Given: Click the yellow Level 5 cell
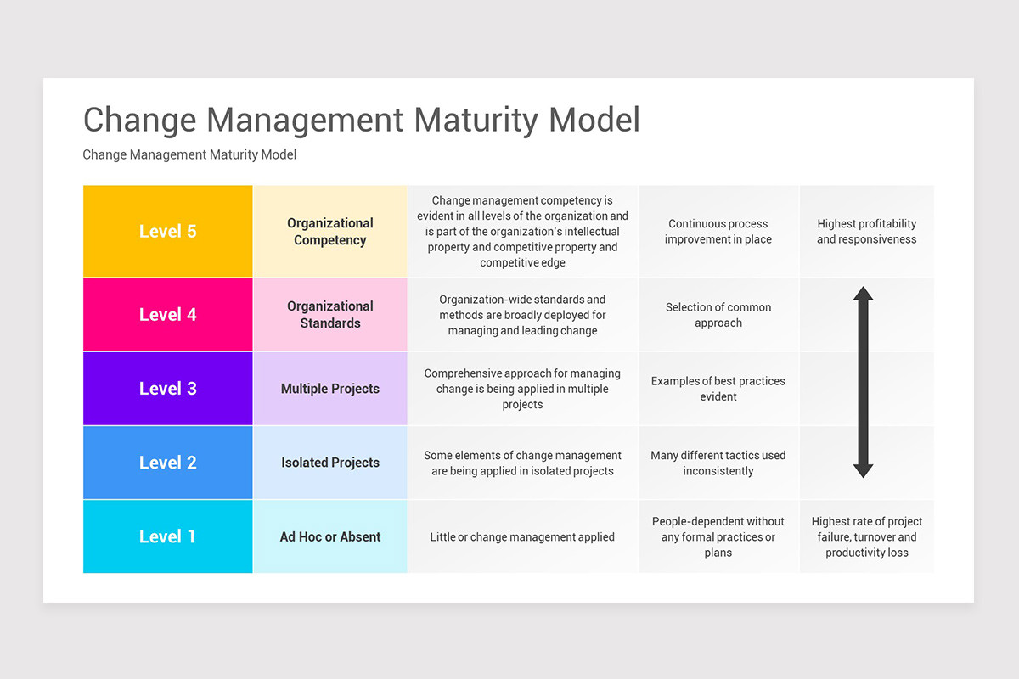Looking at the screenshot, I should [x=167, y=231].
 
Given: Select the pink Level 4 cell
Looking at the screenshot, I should [x=167, y=314].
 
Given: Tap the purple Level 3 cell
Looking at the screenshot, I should [x=167, y=389].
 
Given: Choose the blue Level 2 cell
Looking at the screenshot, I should [x=167, y=463].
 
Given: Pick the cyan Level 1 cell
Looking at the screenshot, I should [x=167, y=536].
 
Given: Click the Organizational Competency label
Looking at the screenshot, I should [x=330, y=232].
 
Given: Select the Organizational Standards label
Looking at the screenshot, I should [x=330, y=315].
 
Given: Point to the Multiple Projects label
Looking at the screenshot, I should [x=330, y=389].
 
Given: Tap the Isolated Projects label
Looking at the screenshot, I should [x=330, y=463].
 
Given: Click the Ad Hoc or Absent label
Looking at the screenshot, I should [x=330, y=536].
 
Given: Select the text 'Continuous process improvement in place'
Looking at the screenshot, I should [x=718, y=232].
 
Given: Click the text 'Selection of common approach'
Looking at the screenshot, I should [x=718, y=315].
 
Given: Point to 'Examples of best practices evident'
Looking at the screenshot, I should [x=718, y=389].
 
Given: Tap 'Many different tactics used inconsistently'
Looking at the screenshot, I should [x=718, y=463].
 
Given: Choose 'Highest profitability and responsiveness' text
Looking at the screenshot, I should [x=867, y=232].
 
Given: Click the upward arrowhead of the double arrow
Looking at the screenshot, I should [x=863, y=294].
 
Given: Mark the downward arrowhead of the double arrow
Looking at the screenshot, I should [x=863, y=470].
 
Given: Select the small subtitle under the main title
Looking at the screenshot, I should [x=189, y=154].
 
